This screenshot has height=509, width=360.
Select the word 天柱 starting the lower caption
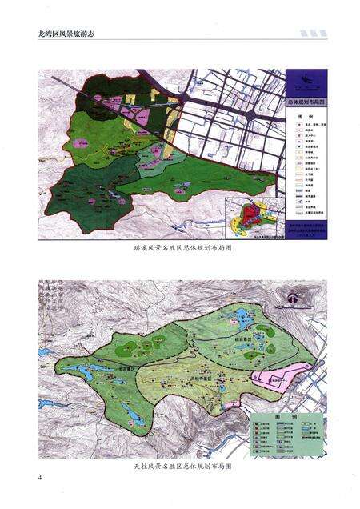point(139,464)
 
